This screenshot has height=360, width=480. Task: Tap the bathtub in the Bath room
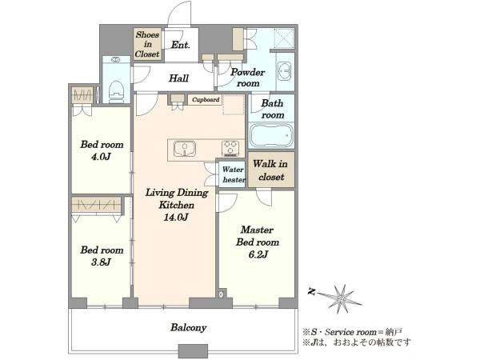coord(271,135)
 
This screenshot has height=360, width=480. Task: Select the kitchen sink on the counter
coord(185,149)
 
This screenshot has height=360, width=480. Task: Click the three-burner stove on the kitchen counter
coord(230,148)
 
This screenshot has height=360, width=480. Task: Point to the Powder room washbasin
coord(284,72)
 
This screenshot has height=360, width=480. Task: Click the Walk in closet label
coord(271,170)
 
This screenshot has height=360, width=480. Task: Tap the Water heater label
coord(234,174)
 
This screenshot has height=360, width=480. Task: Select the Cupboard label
coord(206,100)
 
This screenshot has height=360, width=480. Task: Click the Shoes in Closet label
coord(147,44)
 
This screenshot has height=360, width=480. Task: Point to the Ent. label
coord(180,45)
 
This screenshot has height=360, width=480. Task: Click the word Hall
coord(178,78)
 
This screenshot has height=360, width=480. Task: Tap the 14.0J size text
coord(176,217)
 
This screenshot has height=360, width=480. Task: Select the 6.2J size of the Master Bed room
coord(258,254)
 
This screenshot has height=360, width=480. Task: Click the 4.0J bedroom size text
coord(101,157)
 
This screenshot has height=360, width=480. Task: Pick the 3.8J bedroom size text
coord(101,262)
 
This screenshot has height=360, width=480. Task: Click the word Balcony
coord(188,328)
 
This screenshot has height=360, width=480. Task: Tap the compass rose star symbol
coord(340,298)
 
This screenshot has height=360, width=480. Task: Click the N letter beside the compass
coord(312,291)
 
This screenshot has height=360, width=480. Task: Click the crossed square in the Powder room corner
coord(284,38)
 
